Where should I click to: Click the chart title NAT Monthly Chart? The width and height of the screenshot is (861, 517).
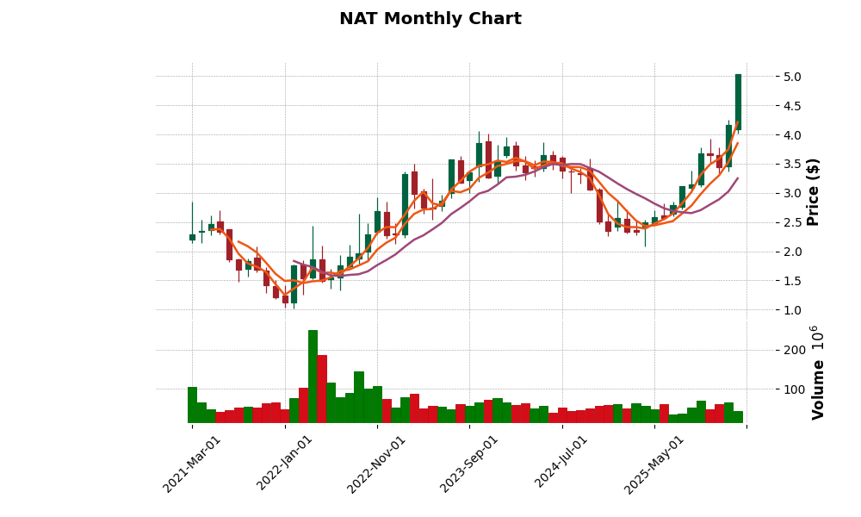(430, 19)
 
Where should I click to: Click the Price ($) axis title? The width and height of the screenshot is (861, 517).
(814, 191)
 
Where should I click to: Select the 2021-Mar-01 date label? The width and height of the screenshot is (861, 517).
(192, 464)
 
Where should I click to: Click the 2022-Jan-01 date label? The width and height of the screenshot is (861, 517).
(285, 464)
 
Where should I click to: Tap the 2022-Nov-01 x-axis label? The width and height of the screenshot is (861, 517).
(377, 464)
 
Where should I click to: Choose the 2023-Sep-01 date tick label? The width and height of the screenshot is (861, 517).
(469, 464)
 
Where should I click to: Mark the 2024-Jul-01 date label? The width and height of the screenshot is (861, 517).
(561, 464)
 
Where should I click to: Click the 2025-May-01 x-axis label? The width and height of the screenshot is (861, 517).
(654, 464)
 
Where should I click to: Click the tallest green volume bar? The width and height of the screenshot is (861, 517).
(313, 377)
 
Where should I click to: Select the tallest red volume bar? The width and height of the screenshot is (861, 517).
(322, 389)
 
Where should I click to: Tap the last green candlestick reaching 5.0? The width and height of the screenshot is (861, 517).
(738, 102)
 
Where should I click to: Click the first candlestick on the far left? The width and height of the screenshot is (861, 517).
(192, 237)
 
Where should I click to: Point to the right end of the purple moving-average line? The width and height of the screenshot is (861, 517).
(738, 178)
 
